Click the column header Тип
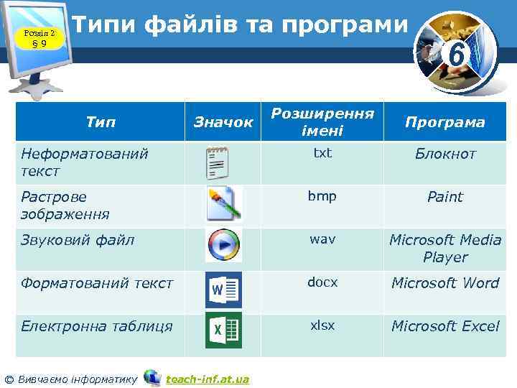pyautogui.click(x=101, y=122)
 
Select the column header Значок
pyautogui.click(x=223, y=122)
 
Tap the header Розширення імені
pyautogui.click(x=322, y=122)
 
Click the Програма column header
pyautogui.click(x=444, y=122)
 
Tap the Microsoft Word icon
pyautogui.click(x=223, y=290)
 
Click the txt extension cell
pyautogui.click(x=322, y=153)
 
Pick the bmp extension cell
pyautogui.click(x=322, y=196)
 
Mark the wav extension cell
pyautogui.click(x=322, y=239)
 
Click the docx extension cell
pyautogui.click(x=322, y=282)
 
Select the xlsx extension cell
pyautogui.click(x=322, y=325)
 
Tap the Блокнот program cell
pyautogui.click(x=444, y=154)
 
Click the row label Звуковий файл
pyautogui.click(x=78, y=240)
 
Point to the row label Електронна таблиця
pyautogui.click(x=96, y=326)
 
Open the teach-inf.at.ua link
pyautogui.click(x=207, y=379)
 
